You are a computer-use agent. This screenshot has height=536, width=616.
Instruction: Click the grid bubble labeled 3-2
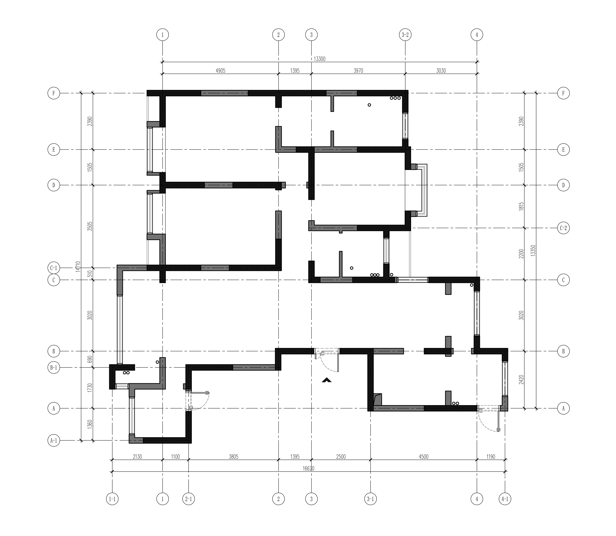point(405,35)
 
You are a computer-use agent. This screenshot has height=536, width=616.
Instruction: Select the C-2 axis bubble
point(563,228)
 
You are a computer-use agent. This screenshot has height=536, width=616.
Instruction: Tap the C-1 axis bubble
point(54,268)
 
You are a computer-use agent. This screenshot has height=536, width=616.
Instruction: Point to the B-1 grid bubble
point(54,368)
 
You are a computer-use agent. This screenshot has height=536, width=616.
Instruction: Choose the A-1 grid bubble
point(54,441)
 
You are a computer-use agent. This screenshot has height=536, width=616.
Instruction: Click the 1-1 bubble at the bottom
point(112,499)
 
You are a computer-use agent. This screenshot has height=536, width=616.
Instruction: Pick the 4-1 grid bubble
point(505,499)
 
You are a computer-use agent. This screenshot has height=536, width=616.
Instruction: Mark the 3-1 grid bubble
point(371,499)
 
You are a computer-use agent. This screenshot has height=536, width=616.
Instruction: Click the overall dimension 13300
point(319,59)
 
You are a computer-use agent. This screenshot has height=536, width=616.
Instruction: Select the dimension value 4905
point(220,71)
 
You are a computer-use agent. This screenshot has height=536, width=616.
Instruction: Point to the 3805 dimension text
point(233,457)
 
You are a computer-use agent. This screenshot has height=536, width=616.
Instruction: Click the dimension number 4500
point(424,457)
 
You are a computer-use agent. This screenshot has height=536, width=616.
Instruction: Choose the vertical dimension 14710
point(78,266)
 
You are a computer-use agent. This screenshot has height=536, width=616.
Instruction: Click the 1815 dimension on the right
point(521,207)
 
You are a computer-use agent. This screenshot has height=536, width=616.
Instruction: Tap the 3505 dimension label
point(90,226)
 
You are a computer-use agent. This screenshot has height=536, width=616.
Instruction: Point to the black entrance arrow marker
point(326,380)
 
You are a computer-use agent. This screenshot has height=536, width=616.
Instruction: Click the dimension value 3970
point(358,71)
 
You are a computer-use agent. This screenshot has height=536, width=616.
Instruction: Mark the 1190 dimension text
point(491,457)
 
